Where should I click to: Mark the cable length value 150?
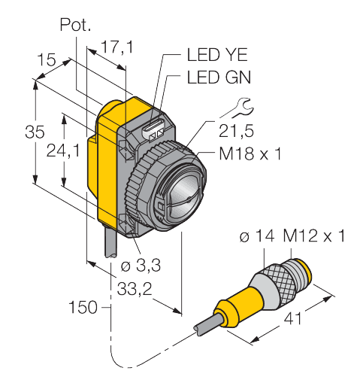click(83, 308)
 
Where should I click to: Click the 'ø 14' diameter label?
click(259, 238)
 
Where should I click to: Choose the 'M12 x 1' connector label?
click(314, 238)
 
